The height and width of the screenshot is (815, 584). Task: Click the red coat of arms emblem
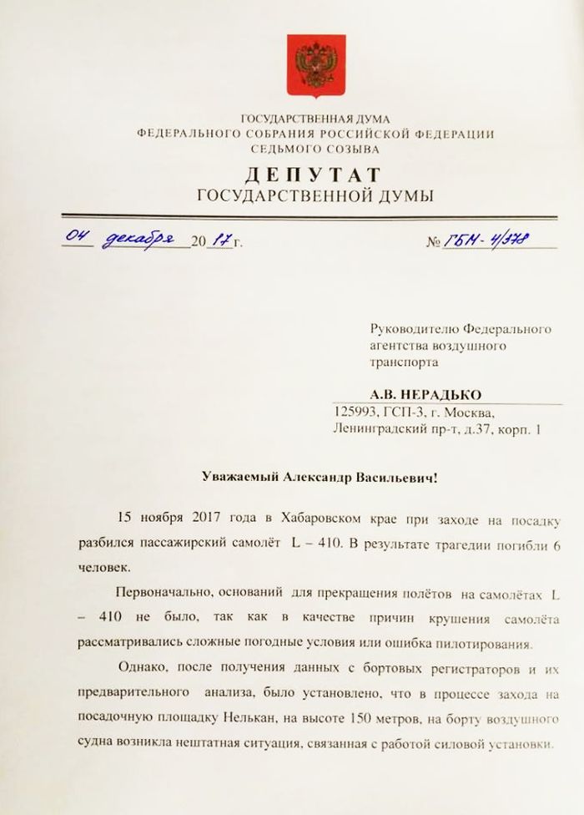pos(315,63)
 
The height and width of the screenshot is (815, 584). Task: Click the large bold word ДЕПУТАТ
pos(314,175)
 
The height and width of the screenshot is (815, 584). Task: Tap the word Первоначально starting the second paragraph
pos(156,593)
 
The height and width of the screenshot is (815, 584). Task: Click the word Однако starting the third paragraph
pos(138,670)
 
